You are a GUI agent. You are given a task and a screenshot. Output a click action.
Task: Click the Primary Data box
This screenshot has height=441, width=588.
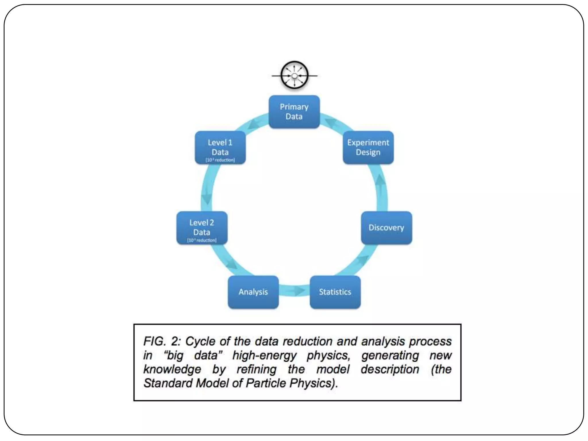click(x=294, y=112)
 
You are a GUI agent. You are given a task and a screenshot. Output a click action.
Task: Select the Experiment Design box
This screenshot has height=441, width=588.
click(x=368, y=147)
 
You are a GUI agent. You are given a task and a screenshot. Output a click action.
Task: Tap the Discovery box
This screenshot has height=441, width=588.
click(x=386, y=228)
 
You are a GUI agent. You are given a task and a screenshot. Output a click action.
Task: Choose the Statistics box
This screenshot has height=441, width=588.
click(x=335, y=292)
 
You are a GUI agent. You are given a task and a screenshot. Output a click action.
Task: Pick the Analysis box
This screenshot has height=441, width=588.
click(x=253, y=292)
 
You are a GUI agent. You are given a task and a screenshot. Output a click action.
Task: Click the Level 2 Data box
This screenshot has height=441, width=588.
click(x=202, y=228)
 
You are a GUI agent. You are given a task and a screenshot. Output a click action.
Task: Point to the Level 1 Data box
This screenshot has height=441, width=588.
click(x=220, y=147)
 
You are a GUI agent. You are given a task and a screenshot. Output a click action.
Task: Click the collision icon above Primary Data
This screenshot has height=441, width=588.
click(x=294, y=76)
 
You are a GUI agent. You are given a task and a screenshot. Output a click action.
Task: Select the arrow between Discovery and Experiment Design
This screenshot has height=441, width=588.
click(x=381, y=184)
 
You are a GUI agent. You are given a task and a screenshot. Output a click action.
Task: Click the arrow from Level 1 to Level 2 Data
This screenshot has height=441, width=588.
click(x=206, y=198)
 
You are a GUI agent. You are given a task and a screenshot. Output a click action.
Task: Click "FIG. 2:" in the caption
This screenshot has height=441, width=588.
click(x=162, y=341)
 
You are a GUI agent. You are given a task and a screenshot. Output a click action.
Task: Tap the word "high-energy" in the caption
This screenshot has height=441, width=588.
click(x=264, y=355)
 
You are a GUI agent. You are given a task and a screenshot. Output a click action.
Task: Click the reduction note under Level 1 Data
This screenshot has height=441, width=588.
click(x=220, y=160)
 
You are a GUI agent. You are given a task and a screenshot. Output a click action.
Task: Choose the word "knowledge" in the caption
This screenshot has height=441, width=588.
click(x=172, y=369)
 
